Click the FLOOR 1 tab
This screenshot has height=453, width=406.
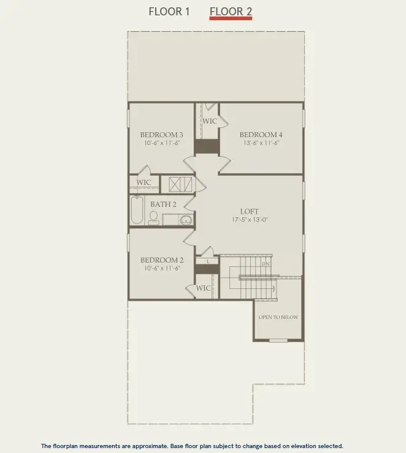[169, 12]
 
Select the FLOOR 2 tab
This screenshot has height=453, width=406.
[231, 12]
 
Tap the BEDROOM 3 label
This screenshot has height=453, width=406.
[161, 135]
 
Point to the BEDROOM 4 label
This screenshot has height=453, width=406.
[261, 135]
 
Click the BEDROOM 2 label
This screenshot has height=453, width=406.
[161, 260]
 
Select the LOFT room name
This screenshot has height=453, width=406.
[249, 212]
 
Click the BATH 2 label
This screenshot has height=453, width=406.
[163, 204]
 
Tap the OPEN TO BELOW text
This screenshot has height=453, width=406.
[278, 317]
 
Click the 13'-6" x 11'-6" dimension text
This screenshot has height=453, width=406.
[261, 143]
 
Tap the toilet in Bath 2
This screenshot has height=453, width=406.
[153, 218]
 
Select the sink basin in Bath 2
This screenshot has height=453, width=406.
[186, 220]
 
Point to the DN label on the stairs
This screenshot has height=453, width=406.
[266, 264]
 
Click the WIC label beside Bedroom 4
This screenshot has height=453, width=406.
[210, 121]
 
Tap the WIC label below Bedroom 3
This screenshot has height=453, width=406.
[144, 182]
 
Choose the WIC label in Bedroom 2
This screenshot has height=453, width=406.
[204, 288]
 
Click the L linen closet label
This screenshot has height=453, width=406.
[208, 261]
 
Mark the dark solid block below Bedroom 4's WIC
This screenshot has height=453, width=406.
[207, 146]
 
